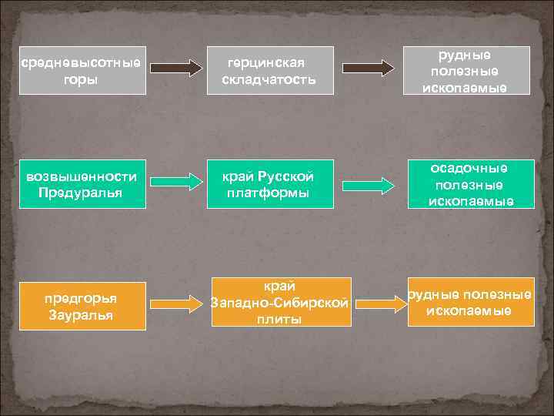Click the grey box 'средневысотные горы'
click(x=82, y=71)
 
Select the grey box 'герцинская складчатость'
click(x=270, y=71)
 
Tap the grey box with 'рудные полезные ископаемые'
click(x=469, y=71)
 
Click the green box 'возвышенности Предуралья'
click(x=82, y=184)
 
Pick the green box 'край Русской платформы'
click(x=270, y=184)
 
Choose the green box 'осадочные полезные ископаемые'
click(x=469, y=184)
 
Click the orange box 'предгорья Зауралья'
click(x=82, y=304)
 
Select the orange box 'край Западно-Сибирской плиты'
click(x=280, y=304)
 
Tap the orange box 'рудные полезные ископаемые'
click(x=470, y=302)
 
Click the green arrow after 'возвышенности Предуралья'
click(x=175, y=182)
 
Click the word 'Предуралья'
click(x=81, y=192)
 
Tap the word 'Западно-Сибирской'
click(x=280, y=304)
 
